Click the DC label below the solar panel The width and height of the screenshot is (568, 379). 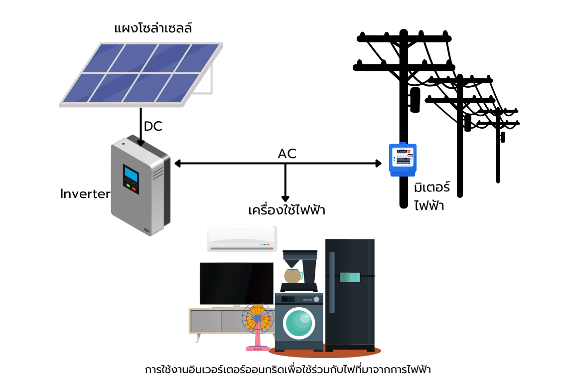pos(153,126)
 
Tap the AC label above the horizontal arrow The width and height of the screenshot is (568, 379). pos(287,154)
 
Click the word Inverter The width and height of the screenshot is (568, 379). pos(85,193)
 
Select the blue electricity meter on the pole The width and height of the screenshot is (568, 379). pos(403,159)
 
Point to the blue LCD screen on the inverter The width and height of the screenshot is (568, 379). pos(132,175)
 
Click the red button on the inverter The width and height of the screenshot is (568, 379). pos(134,189)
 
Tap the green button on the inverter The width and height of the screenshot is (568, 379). pos(128,187)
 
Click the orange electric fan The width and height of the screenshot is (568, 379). pos(258,319)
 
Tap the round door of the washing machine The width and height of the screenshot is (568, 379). pos(298,323)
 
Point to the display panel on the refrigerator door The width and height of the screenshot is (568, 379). pos(350,277)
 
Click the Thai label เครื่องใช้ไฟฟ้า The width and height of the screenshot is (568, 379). pos(286,210)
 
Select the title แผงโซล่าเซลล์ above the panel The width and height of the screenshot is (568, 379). pos(153,27)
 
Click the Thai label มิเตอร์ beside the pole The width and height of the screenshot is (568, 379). pos(431,188)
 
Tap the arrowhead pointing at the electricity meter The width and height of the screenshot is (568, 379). pos(378,163)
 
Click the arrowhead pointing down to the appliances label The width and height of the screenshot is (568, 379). pos(285,198)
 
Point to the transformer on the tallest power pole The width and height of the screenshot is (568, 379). pos(415,100)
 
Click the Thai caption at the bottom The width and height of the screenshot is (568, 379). pos(287,370)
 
